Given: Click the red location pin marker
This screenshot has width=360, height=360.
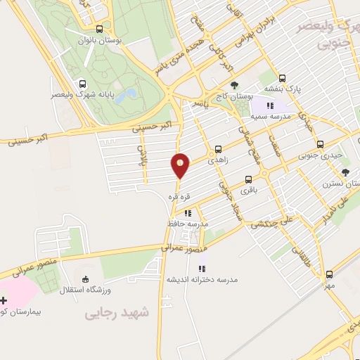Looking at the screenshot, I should pyautogui.click(x=180, y=166).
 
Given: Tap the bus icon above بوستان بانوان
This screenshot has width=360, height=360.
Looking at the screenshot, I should pyautogui.click(x=99, y=30).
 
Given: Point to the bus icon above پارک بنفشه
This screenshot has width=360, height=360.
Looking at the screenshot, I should pyautogui.click(x=282, y=78).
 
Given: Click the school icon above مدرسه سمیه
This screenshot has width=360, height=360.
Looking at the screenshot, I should pyautogui.click(x=271, y=105).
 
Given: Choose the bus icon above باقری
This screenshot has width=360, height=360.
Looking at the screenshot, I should pyautogui.click(x=248, y=179).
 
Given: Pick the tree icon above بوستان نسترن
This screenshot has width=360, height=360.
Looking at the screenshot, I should pyautogui.click(x=345, y=171).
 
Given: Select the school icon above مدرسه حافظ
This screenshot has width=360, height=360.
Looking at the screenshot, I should pyautogui.click(x=188, y=212).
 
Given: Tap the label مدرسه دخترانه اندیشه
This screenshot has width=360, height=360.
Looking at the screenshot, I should pyautogui.click(x=202, y=279).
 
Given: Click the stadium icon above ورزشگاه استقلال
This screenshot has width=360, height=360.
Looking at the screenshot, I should pyautogui.click(x=85, y=278).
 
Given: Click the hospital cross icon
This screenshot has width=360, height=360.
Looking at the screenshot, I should pyautogui.click(x=4, y=300).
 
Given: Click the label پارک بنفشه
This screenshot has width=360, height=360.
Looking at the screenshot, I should pyautogui.click(x=283, y=89).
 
